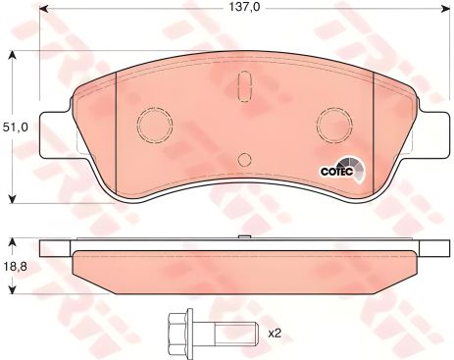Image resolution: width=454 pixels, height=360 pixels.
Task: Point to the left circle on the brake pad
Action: (x=153, y=124)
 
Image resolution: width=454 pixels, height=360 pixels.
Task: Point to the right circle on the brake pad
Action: (x=330, y=124)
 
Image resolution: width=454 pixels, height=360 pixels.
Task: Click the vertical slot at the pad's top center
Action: (x=241, y=91)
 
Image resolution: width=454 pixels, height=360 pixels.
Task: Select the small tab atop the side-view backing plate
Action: (x=241, y=239)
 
